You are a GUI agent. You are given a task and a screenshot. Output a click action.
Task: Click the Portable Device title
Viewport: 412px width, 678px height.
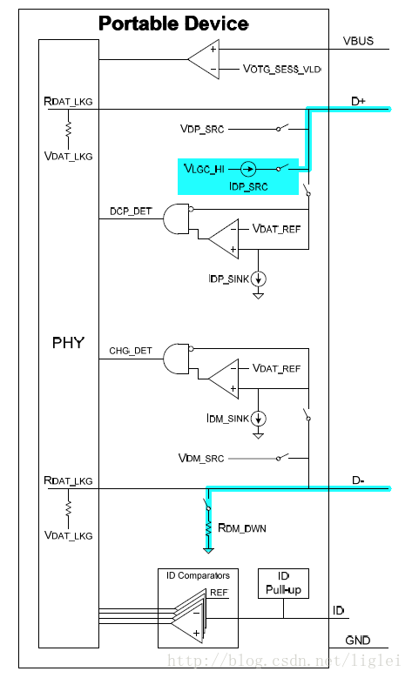[x=173, y=23]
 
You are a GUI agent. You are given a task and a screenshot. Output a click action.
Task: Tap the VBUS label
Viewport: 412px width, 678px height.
[x=358, y=41]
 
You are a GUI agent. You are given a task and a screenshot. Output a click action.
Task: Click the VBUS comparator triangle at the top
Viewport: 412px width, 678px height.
[x=204, y=59]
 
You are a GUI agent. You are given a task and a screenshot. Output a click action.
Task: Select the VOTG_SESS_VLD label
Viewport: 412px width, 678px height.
[x=281, y=69]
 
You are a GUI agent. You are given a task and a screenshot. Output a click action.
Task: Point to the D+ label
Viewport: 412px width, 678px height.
[x=358, y=102]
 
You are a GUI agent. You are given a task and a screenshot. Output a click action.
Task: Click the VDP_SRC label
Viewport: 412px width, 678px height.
[x=202, y=129]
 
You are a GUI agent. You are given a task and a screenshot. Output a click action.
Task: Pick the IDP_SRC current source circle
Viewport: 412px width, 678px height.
[x=248, y=169]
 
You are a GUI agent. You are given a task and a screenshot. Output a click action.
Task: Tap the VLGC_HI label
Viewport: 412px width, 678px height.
[x=204, y=169]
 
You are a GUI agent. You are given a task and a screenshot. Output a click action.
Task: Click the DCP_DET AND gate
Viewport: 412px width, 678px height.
[x=177, y=218]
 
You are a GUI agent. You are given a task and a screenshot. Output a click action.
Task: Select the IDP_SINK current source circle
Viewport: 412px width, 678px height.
[x=259, y=279]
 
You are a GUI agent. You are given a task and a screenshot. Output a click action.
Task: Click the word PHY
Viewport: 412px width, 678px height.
[x=68, y=343]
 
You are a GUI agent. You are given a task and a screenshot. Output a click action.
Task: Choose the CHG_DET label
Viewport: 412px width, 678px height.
[x=131, y=351]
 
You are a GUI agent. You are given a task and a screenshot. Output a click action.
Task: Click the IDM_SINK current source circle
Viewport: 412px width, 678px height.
[x=259, y=419]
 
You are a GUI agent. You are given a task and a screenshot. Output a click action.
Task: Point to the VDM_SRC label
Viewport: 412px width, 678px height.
[x=201, y=458]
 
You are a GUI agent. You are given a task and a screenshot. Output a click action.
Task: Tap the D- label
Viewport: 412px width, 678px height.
[x=358, y=480]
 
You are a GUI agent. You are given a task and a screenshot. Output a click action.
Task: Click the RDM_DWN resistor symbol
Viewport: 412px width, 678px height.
[x=208, y=529]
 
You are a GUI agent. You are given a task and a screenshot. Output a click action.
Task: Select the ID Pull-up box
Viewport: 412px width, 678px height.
[x=283, y=583]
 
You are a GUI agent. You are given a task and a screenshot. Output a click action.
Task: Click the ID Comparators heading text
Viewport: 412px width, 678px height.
[x=199, y=575]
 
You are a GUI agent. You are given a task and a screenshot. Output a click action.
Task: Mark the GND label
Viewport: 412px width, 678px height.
[x=358, y=641]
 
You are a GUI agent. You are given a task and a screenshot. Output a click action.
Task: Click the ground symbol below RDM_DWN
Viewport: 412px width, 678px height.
[x=208, y=550]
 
